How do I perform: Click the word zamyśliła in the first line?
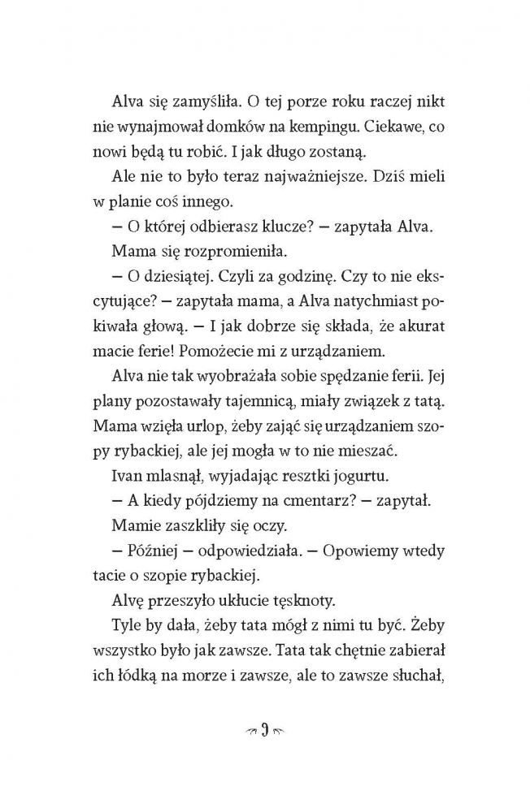pos(196,101)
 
